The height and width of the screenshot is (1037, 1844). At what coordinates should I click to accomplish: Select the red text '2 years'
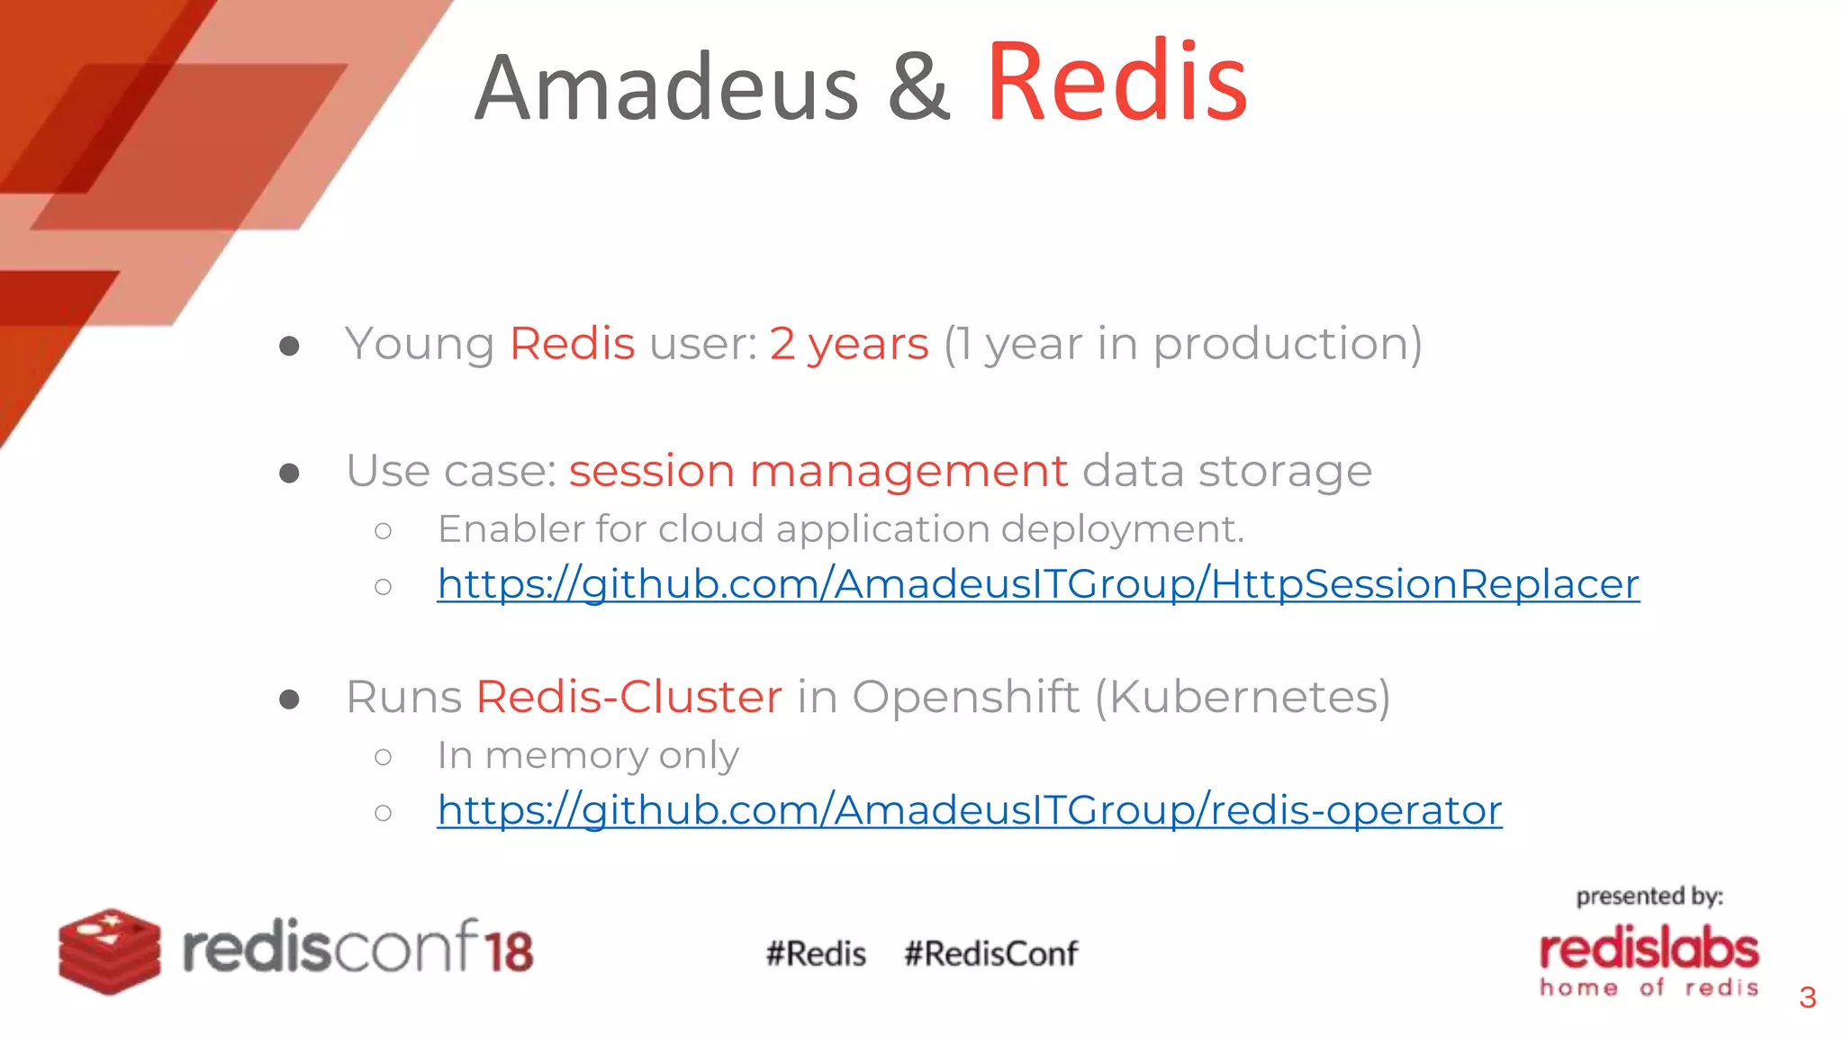pos(848,344)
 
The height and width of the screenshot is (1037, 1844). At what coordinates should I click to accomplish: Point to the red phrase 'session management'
pos(818,471)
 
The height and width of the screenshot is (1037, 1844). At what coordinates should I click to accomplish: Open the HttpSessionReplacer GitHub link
pos(1037,584)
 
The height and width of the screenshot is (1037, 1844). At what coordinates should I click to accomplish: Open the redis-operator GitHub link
pos(969,810)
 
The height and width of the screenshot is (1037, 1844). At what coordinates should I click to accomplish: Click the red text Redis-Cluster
pos(628,697)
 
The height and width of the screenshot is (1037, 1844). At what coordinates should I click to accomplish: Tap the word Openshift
pos(965,697)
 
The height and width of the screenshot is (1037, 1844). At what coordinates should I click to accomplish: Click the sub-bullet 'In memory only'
pos(587,755)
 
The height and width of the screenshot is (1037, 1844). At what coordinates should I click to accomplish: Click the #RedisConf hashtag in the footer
pos(990,953)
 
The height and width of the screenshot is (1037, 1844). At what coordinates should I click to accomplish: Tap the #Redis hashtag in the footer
pos(816,953)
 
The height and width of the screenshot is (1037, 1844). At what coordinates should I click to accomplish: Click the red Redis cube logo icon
pos(110,951)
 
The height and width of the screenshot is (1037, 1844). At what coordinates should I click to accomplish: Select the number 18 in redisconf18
pos(510,951)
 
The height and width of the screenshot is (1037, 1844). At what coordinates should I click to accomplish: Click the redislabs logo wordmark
pos(1649,950)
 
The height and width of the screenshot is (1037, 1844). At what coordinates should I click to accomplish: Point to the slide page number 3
pos(1807,997)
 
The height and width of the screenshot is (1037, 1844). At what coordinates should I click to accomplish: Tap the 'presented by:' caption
pos(1649,897)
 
